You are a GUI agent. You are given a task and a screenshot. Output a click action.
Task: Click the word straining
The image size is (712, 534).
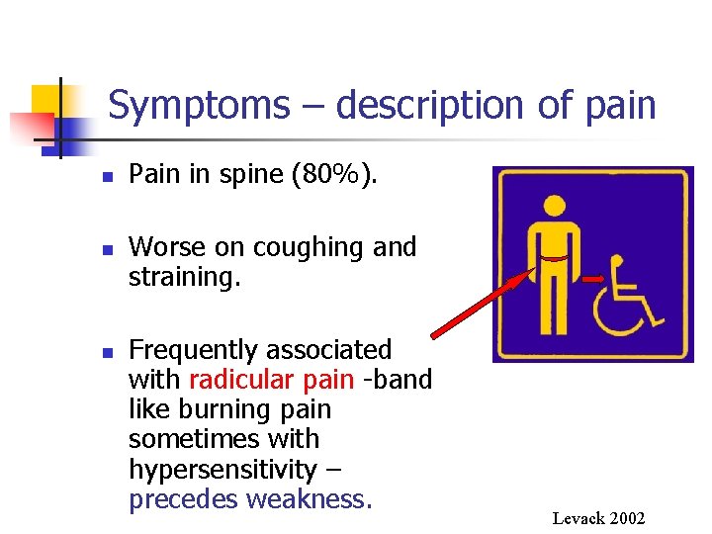[x=185, y=276]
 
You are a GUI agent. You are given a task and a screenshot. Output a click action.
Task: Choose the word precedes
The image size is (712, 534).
[x=184, y=498]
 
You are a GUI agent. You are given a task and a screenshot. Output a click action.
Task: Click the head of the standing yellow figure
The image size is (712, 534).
[x=555, y=205]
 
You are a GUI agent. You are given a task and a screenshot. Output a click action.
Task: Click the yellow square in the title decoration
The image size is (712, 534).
[x=47, y=99]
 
